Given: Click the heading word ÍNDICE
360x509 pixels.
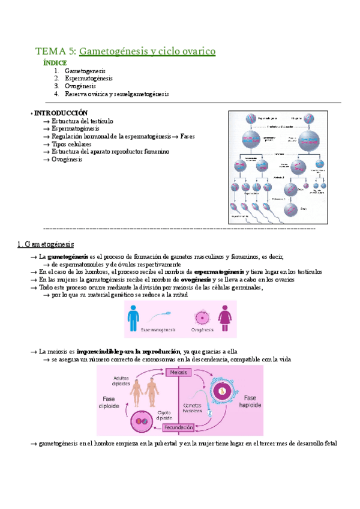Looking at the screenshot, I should (x=55, y=63).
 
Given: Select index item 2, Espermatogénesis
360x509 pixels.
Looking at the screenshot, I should (x=89, y=79).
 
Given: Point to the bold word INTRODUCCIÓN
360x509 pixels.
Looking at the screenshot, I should (x=61, y=113).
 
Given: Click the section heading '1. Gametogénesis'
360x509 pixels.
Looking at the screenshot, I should (x=46, y=244).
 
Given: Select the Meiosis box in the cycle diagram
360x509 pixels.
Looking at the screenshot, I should (x=178, y=373).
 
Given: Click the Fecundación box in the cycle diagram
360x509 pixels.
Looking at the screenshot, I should (x=179, y=427).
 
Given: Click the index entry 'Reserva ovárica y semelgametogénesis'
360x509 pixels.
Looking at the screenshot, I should (x=117, y=94).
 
